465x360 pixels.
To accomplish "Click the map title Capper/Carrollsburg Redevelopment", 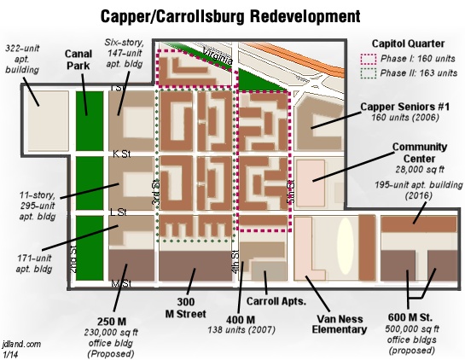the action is click(x=230, y=16).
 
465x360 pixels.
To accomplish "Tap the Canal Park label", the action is click(x=78, y=60).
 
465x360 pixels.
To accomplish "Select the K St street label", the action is click(x=122, y=154).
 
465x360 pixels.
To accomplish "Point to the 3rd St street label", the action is click(x=155, y=192).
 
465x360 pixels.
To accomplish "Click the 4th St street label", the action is click(x=235, y=262).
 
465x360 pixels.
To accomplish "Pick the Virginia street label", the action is click(x=218, y=56).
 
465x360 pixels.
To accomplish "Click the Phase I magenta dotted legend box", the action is click(x=369, y=59).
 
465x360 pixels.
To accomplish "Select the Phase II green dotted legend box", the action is click(x=369, y=73).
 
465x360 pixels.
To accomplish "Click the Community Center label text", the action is click(x=419, y=153).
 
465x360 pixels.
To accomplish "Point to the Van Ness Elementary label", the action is click(x=340, y=324).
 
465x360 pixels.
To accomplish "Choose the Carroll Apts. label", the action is click(x=276, y=301).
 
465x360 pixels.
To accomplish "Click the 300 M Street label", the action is click(x=186, y=308).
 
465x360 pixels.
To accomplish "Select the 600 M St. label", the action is click(x=410, y=317).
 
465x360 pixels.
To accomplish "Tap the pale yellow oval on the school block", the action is click(x=346, y=247).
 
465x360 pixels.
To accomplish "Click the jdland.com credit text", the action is click(x=21, y=345).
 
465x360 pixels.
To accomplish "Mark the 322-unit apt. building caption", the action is click(x=22, y=59).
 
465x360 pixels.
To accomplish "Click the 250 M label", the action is click(x=112, y=322).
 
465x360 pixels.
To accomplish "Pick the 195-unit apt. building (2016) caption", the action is click(x=418, y=190).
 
